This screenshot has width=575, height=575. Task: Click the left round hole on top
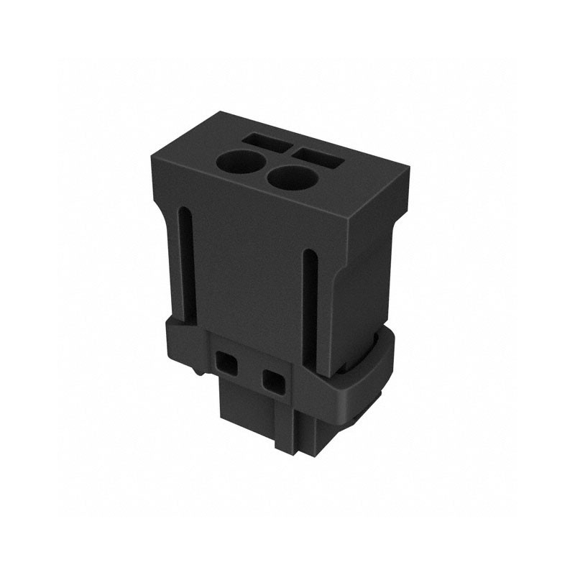(x=241, y=161)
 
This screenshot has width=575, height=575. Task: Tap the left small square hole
(x=227, y=362)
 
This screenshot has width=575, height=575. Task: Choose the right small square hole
(x=272, y=381)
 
